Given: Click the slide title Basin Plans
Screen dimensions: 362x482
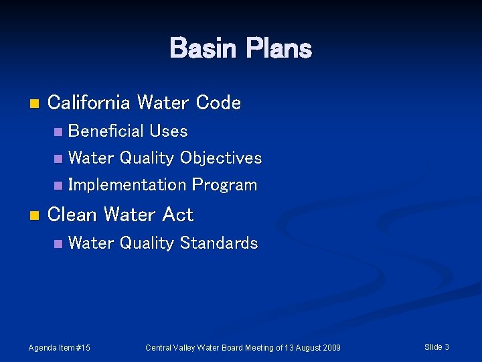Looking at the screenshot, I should point(240,48).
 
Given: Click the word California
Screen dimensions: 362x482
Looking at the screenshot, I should point(89,103).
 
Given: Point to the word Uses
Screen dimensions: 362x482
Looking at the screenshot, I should point(169,131).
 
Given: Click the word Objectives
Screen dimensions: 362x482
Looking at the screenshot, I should point(221,158).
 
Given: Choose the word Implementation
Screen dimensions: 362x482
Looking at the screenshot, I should point(127,184).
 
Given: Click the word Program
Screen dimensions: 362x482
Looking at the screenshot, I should point(224,185).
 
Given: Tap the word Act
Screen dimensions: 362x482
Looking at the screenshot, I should point(178,215).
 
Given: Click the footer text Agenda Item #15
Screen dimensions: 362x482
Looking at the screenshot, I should point(60,347).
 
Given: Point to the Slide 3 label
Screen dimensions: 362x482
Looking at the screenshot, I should point(436,347).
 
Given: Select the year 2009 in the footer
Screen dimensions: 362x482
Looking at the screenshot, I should point(330,347).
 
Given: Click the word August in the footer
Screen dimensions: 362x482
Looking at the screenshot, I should point(304,347).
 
